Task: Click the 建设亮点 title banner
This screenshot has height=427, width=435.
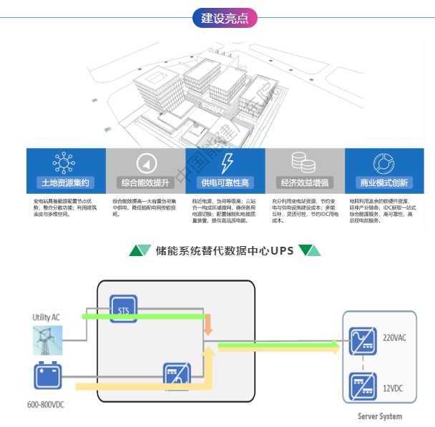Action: (225, 18)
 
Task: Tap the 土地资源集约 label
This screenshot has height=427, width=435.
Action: (65, 182)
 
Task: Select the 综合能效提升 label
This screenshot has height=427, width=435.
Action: (145, 182)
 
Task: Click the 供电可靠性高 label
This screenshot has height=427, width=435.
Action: (225, 182)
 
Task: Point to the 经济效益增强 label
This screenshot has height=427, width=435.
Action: (304, 182)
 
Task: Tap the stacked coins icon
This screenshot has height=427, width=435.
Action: (306, 162)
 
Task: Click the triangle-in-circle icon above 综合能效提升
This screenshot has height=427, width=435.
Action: (146, 162)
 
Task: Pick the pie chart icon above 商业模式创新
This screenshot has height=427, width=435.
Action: (384, 162)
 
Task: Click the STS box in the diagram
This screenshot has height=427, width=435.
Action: (122, 308)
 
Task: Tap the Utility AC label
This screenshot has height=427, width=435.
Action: (47, 317)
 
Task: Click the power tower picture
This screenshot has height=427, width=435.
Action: (48, 340)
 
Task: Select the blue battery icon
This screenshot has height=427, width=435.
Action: (48, 376)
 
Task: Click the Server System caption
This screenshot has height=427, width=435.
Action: (380, 416)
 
